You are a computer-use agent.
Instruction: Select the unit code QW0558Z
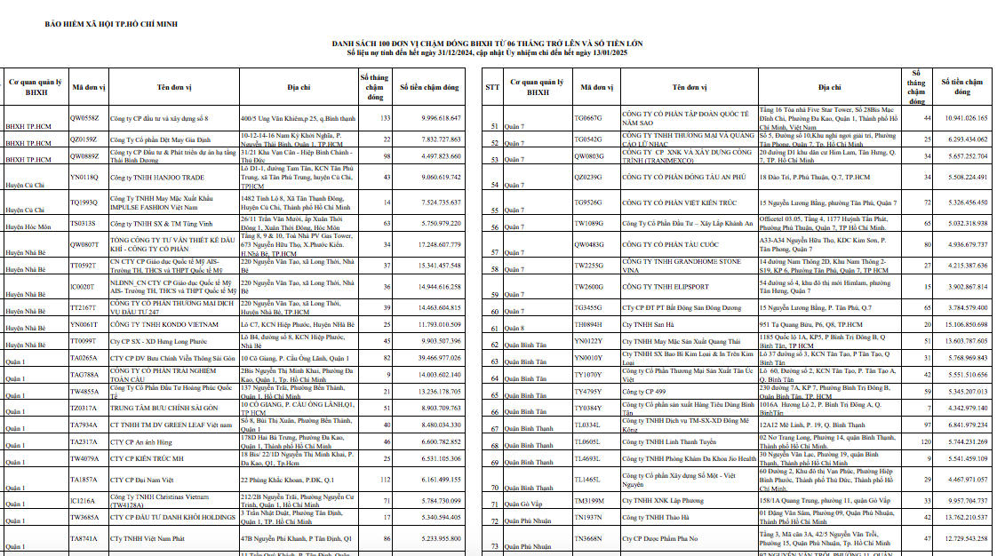coord(84,118)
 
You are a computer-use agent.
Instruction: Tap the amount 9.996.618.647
coord(429,118)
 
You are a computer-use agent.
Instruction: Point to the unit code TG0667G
coord(588,117)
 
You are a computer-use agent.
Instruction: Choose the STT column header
coord(493,87)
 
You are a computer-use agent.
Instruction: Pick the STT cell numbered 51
coord(493,126)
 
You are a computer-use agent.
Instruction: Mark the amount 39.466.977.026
coord(429,357)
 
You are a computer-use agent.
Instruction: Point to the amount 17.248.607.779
coord(429,244)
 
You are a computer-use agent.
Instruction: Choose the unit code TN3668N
coord(588,538)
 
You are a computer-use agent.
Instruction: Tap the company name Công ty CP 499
coord(645,392)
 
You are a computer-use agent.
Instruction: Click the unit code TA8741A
coord(84,538)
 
